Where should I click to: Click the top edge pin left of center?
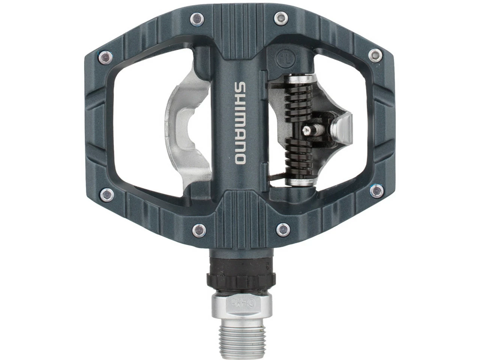195,17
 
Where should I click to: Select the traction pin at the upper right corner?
373,55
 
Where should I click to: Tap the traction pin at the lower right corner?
375,192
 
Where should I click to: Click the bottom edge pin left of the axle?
198,228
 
